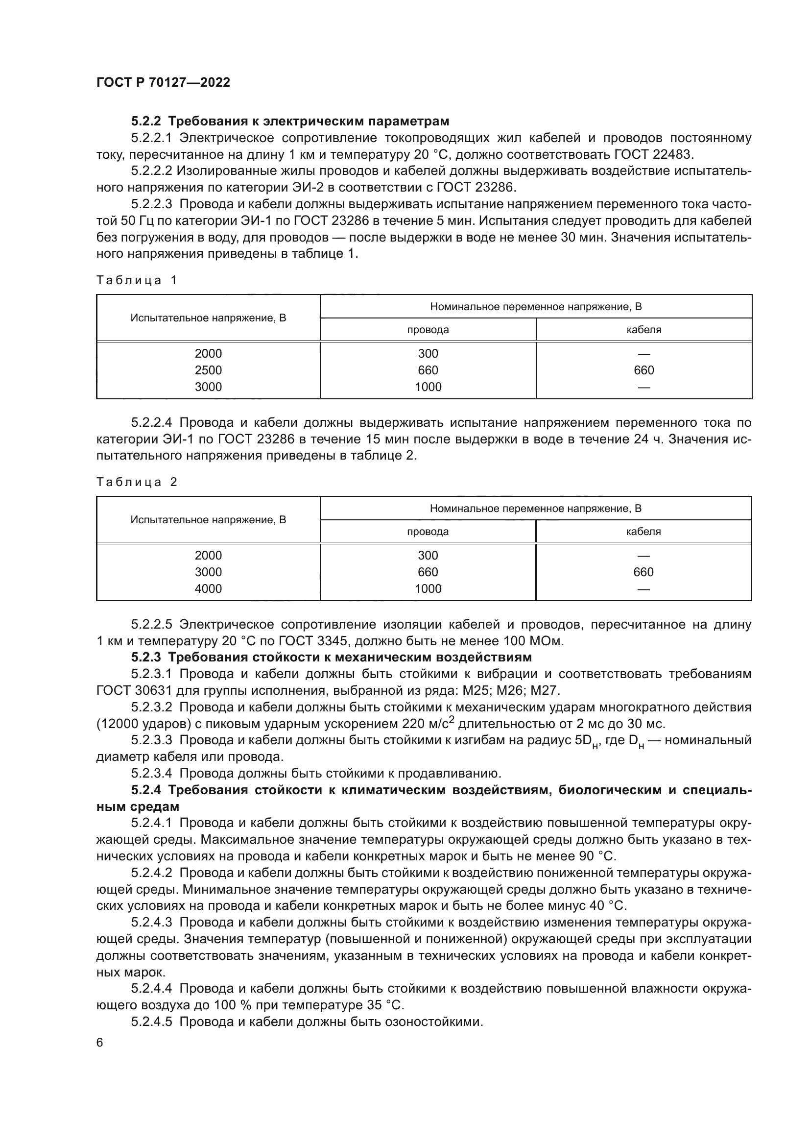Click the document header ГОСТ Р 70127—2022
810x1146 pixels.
[x=163, y=83]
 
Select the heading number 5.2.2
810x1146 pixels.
[x=147, y=122]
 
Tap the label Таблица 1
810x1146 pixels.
[x=136, y=280]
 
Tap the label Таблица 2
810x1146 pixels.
[x=136, y=482]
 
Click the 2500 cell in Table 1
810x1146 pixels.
[x=208, y=370]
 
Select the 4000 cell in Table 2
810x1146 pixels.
[x=208, y=588]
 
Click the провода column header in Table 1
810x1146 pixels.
[x=428, y=329]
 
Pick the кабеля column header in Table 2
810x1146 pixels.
[x=643, y=531]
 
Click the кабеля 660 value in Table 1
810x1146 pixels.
[x=643, y=370]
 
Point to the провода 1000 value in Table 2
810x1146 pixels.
[x=428, y=588]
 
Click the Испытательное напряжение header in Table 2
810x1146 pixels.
[x=208, y=519]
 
